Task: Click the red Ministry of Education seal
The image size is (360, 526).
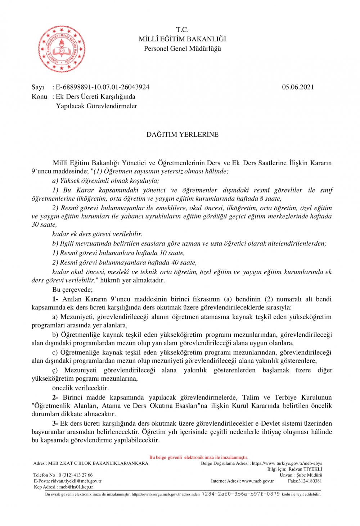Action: (x=62, y=49)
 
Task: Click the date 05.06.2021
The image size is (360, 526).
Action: (x=298, y=87)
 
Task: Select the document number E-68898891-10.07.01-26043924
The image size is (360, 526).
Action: (x=103, y=87)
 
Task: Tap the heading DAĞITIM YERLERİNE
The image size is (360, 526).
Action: (x=182, y=135)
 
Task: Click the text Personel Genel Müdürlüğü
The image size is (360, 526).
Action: (x=182, y=49)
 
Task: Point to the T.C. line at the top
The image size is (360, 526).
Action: (x=182, y=30)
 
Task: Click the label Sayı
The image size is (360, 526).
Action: (x=38, y=87)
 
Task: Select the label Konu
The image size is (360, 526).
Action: (x=39, y=96)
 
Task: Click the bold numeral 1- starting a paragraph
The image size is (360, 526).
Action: (x=55, y=299)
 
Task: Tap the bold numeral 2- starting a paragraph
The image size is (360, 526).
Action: (x=55, y=397)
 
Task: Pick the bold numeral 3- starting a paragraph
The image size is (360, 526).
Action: (x=55, y=423)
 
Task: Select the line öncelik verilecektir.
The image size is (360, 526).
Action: (x=80, y=388)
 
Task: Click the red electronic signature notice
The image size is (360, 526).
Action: (x=199, y=457)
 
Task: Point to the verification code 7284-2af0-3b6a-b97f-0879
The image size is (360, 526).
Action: (x=240, y=494)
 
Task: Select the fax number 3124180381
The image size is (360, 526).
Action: (x=310, y=481)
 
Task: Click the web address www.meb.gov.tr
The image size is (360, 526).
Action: (x=258, y=481)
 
